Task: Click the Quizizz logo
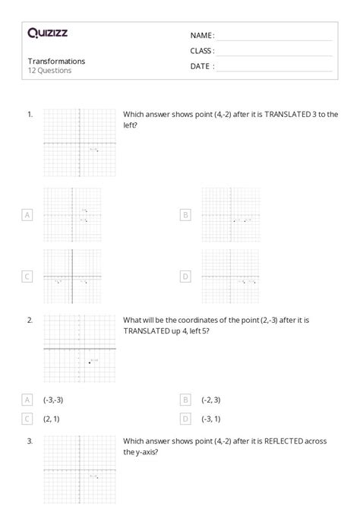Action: pyautogui.click(x=47, y=33)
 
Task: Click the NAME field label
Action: pyautogui.click(x=201, y=36)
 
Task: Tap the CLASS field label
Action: pyautogui.click(x=202, y=51)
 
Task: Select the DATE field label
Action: pyautogui.click(x=201, y=66)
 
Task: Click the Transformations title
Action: pyautogui.click(x=56, y=61)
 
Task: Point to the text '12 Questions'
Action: pyautogui.click(x=49, y=71)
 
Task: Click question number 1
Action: pyautogui.click(x=30, y=114)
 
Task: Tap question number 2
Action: pyautogui.click(x=30, y=320)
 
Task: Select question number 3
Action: pyautogui.click(x=30, y=441)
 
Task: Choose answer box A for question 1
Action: pyautogui.click(x=27, y=215)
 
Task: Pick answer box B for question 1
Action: pyautogui.click(x=185, y=215)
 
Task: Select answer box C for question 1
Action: pyautogui.click(x=27, y=277)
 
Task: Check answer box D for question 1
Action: pyautogui.click(x=185, y=277)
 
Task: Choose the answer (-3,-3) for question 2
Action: pyautogui.click(x=54, y=400)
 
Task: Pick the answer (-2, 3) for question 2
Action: pyautogui.click(x=211, y=400)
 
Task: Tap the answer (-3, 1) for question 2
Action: pyautogui.click(x=211, y=419)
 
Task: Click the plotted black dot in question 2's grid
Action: pyautogui.click(x=90, y=363)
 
